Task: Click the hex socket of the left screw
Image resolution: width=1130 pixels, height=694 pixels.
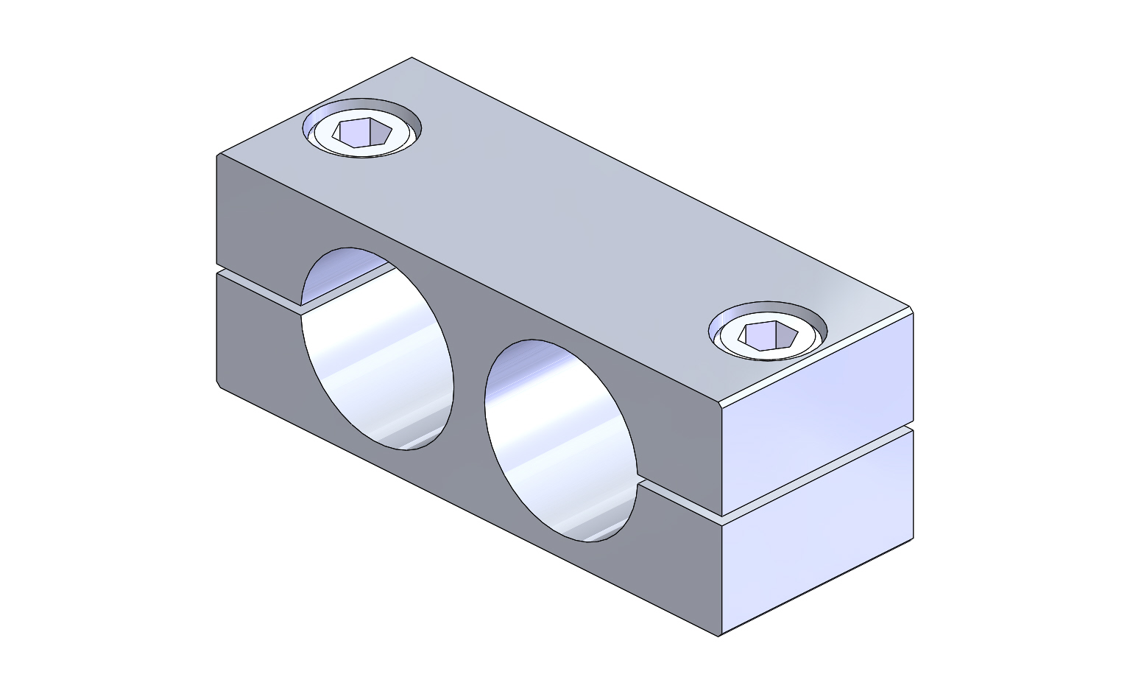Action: click(361, 133)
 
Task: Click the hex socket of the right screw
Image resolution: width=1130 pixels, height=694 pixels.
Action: click(768, 336)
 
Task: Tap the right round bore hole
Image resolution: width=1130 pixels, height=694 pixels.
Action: click(561, 442)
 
